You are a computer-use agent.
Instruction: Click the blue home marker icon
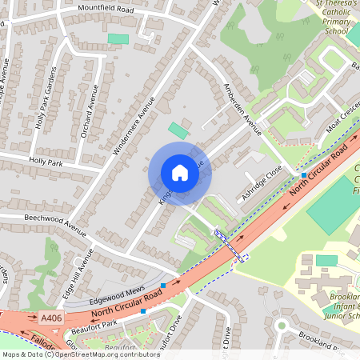pyautogui.click(x=180, y=173)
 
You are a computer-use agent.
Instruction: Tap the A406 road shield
pyautogui.click(x=51, y=318)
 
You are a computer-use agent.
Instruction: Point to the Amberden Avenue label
pyautogui.click(x=243, y=112)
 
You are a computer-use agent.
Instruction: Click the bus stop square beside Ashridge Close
pyautogui.click(x=304, y=174)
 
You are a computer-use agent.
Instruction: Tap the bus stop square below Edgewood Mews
pyautogui.click(x=163, y=285)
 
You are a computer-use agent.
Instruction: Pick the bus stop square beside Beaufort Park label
pyautogui.click(x=142, y=311)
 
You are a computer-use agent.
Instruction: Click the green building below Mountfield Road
pyautogui.click(x=118, y=38)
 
